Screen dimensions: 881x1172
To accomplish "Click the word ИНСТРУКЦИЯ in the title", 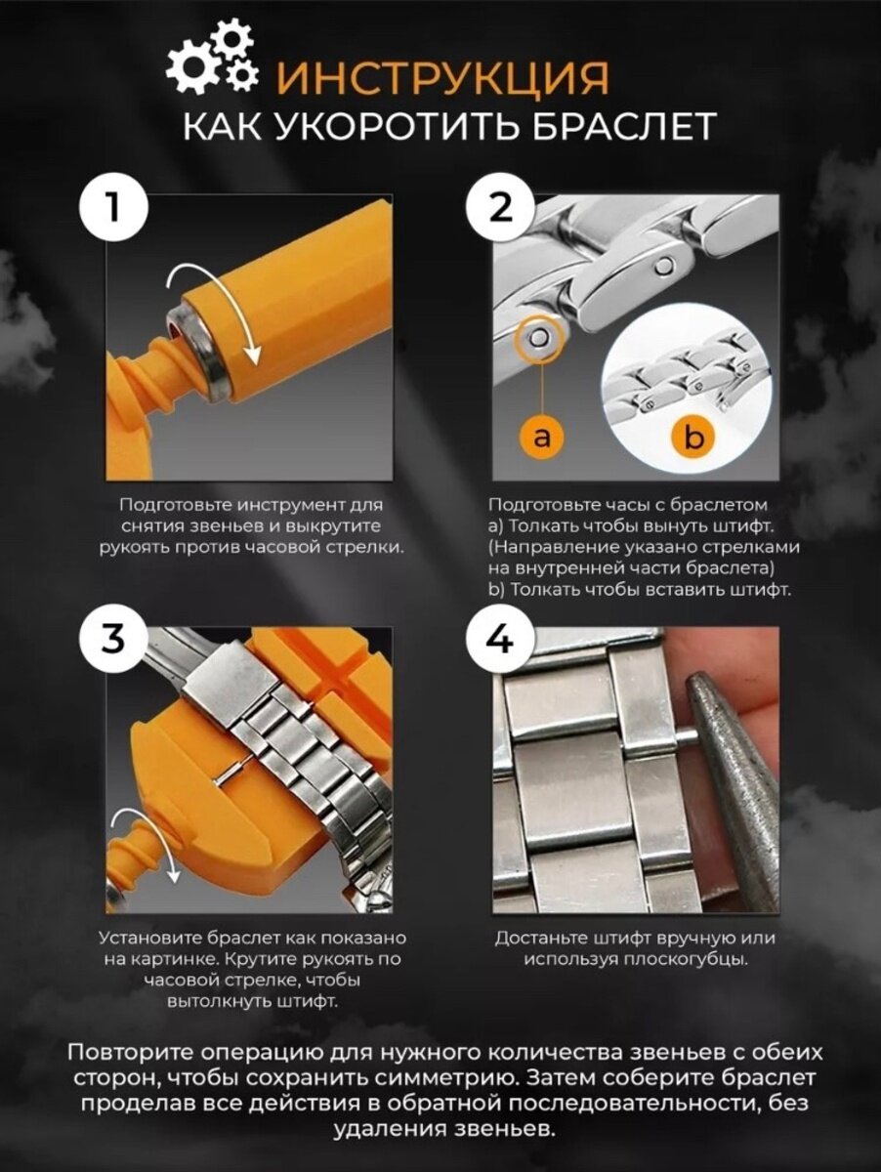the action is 442,78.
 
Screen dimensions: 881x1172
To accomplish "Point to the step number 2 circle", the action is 500,209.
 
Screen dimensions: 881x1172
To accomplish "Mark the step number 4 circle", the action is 500,640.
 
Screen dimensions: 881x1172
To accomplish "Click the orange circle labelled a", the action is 541,437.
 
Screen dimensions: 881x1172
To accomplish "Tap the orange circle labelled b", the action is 694,438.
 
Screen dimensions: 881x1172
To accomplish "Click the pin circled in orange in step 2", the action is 540,338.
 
